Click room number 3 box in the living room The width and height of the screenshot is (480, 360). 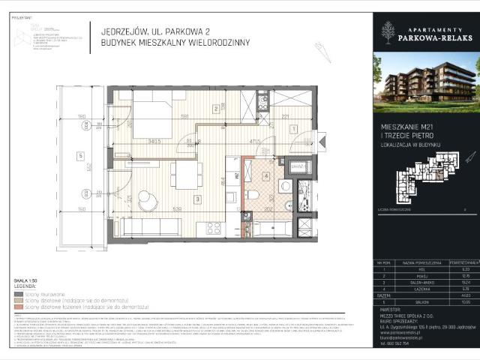tap(196, 199)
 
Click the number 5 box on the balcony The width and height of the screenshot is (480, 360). tap(79, 156)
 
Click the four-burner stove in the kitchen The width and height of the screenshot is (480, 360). tap(202, 228)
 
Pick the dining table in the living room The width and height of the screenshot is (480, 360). tap(184, 177)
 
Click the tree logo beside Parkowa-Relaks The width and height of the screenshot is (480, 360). tap(387, 31)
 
